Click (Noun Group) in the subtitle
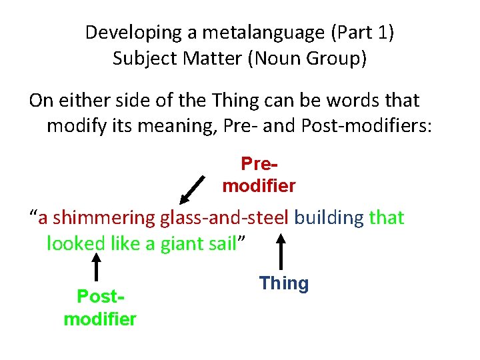308,58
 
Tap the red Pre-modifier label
259,175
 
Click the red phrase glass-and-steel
225,218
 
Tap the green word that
387,218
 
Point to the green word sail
223,243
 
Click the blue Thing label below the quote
284,283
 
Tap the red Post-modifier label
100,307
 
